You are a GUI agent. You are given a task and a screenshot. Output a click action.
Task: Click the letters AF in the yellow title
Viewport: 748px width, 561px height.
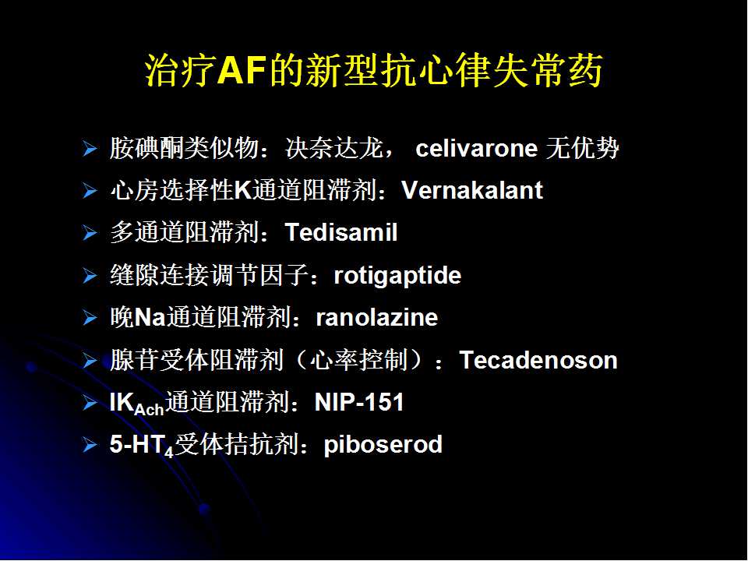pyautogui.click(x=241, y=72)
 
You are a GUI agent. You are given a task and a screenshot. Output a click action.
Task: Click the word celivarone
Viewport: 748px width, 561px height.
pyautogui.click(x=476, y=148)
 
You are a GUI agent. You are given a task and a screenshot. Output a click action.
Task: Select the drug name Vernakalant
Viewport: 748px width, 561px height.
pyautogui.click(x=472, y=190)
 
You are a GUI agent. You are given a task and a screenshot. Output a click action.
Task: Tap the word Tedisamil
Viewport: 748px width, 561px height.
pyautogui.click(x=341, y=232)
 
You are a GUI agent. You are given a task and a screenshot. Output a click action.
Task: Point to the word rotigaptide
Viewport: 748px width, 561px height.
pyautogui.click(x=397, y=276)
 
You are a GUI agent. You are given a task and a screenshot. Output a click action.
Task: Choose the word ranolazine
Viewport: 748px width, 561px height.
pyautogui.click(x=377, y=318)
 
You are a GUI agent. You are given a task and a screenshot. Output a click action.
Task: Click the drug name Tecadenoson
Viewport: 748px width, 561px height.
pyautogui.click(x=538, y=360)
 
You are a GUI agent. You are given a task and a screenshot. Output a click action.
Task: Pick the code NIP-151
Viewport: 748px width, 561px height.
pyautogui.click(x=359, y=402)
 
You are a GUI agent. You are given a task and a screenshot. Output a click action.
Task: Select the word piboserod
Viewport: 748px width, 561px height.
pyautogui.click(x=383, y=445)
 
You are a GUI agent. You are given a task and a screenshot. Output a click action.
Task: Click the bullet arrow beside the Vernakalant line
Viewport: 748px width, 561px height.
pyautogui.click(x=90, y=191)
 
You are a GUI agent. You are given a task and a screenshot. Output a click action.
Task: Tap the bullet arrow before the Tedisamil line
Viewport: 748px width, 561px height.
pyautogui.click(x=90, y=233)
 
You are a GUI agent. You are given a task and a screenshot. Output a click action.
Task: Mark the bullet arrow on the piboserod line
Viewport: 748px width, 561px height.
pyautogui.click(x=90, y=445)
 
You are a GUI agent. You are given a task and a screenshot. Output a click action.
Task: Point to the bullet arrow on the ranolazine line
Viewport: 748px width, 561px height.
pyautogui.click(x=90, y=318)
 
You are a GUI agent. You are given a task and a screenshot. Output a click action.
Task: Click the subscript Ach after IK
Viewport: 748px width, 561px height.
pyautogui.click(x=150, y=409)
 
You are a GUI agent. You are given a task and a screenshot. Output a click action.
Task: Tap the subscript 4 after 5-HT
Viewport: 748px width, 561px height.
pyautogui.click(x=169, y=451)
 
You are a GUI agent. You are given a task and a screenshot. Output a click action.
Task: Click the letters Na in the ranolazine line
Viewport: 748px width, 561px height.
pyautogui.click(x=150, y=317)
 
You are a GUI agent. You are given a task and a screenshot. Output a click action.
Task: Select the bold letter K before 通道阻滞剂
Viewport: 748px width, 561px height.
pyautogui.click(x=242, y=190)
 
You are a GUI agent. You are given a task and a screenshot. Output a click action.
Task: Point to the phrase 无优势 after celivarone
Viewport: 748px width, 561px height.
pyautogui.click(x=583, y=148)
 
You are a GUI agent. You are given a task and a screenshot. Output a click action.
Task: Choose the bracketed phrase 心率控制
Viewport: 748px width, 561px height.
pyautogui.click(x=359, y=360)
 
